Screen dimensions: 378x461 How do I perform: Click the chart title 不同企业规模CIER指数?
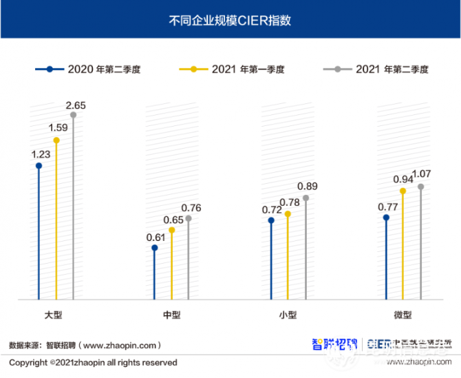click(230, 20)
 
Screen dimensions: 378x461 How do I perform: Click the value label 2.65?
click(75, 105)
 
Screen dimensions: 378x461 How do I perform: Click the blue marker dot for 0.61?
click(155, 248)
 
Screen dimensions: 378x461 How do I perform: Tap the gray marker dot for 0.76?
click(189, 218)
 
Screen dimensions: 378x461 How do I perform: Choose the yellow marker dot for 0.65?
click(172, 230)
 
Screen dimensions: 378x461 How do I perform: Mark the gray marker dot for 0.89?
click(306, 198)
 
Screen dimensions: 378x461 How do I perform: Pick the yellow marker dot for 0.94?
click(403, 191)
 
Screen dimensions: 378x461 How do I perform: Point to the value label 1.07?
click(421, 173)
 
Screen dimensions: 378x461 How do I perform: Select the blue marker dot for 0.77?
click(387, 218)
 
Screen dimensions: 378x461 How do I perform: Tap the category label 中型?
click(171, 315)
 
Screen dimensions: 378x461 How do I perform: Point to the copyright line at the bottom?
click(93, 362)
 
